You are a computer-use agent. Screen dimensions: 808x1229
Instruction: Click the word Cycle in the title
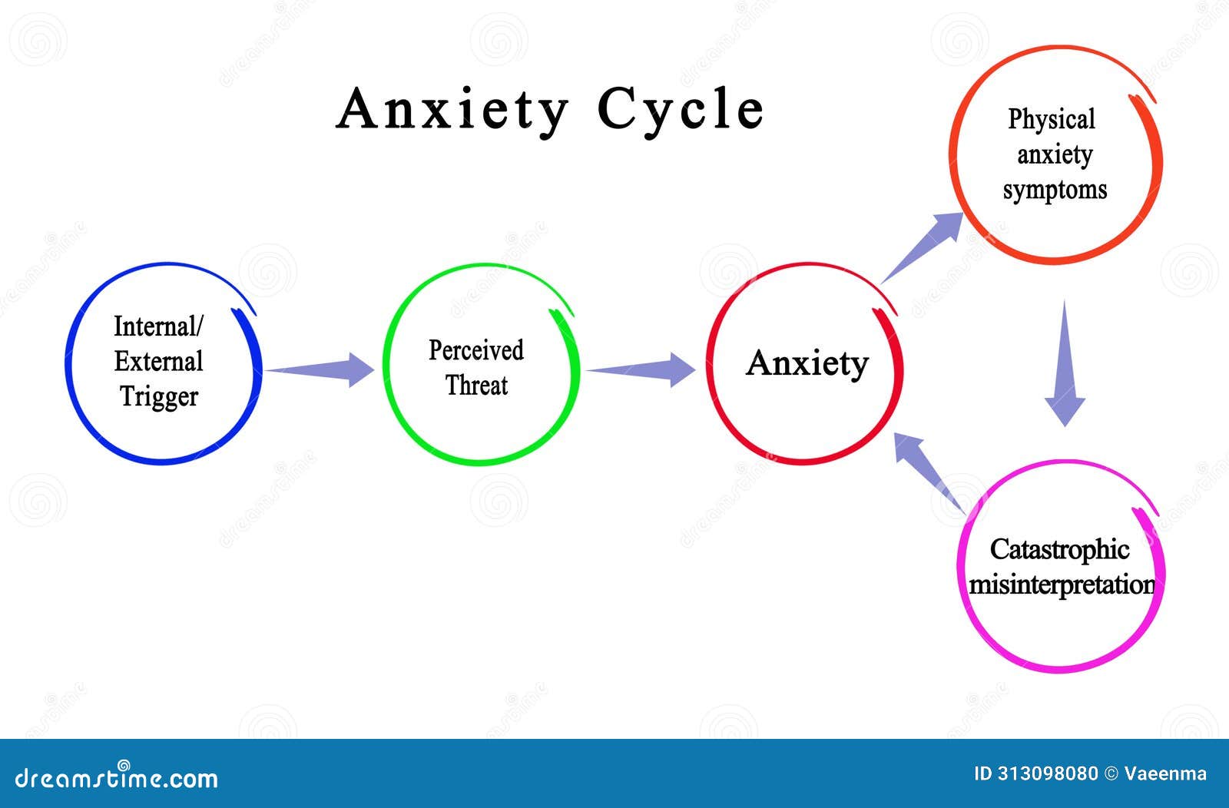pos(681,110)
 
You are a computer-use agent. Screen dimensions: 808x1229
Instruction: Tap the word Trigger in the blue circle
pos(159,396)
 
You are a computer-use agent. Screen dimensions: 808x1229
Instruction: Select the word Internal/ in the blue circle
pos(158,326)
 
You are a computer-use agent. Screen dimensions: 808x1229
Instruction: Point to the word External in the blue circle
pos(159,361)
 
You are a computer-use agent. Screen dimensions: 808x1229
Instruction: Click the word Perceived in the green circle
pos(476,350)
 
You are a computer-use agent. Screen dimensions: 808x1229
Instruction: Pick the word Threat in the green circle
pos(476,385)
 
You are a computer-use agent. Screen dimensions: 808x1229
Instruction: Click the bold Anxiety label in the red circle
pos(807,363)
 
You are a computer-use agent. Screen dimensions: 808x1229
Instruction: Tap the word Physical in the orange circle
pos(1052,120)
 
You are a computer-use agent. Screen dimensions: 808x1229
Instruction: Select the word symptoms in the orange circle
pos(1055,190)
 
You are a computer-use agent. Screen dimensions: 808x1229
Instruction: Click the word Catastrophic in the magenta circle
pos(1059,549)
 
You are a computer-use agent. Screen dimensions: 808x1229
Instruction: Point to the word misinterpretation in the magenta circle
pos(1062,584)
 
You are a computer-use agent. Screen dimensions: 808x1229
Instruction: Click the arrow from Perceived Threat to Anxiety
pos(642,370)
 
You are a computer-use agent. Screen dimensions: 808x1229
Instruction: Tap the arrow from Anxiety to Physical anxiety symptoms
pos(923,247)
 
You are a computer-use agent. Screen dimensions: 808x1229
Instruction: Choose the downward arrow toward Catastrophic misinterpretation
pos(1065,365)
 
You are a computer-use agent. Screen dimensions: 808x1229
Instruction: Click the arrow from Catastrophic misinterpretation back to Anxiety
pos(927,469)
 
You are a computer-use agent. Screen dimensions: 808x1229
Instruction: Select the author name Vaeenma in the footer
pos(1165,774)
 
